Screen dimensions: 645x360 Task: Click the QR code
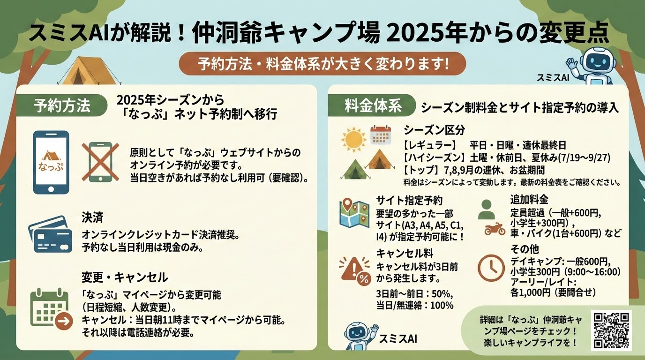point(611,330)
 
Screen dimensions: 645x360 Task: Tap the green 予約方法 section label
point(61,105)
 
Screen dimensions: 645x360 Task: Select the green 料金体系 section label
point(373,105)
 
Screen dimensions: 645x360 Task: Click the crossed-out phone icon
point(100,162)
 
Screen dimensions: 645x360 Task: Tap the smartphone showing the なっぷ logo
point(51,163)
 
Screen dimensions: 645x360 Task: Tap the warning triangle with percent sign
point(355,271)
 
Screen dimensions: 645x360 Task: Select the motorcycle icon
point(495,229)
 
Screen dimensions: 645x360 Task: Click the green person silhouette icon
point(487,210)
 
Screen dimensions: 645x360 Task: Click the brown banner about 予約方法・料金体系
point(322,64)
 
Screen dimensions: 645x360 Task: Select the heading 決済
point(92,217)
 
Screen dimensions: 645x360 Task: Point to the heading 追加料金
point(529,199)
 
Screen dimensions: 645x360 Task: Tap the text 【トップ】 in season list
point(421,170)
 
